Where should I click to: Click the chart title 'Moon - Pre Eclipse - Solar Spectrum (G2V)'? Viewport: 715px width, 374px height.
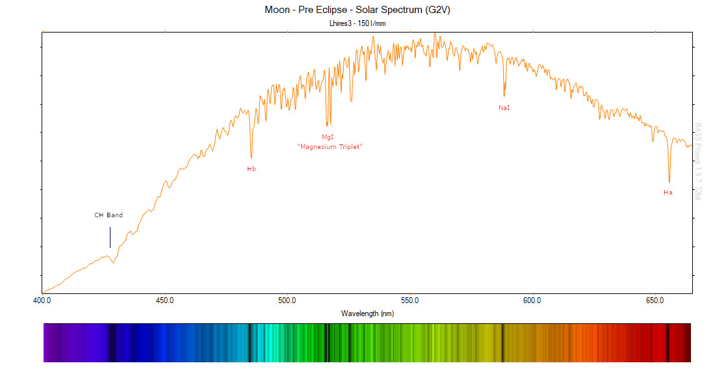click(357, 10)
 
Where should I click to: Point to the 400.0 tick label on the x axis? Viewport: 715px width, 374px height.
click(42, 301)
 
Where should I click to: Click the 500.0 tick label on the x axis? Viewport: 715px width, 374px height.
click(287, 301)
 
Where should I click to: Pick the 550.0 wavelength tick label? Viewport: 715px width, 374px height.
click(409, 301)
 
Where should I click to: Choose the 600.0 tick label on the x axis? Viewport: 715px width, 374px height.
click(532, 301)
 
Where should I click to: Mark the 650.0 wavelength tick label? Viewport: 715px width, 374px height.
click(655, 301)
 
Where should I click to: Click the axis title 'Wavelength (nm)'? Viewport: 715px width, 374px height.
click(367, 314)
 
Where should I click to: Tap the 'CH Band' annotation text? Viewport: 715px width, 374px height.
click(109, 215)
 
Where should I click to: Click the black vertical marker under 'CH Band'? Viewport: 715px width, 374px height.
click(110, 237)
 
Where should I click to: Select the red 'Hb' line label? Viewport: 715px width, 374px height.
click(252, 169)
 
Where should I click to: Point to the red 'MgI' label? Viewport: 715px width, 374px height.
click(328, 137)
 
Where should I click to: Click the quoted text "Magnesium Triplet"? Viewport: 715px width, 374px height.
click(329, 147)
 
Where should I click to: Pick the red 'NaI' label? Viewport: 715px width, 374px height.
click(504, 107)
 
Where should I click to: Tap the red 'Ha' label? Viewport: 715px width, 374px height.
click(668, 193)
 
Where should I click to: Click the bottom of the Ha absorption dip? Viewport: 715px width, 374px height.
click(669, 182)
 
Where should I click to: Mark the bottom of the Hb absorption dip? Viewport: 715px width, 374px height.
click(252, 158)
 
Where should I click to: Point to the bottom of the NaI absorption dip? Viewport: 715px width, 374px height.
click(504, 96)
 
